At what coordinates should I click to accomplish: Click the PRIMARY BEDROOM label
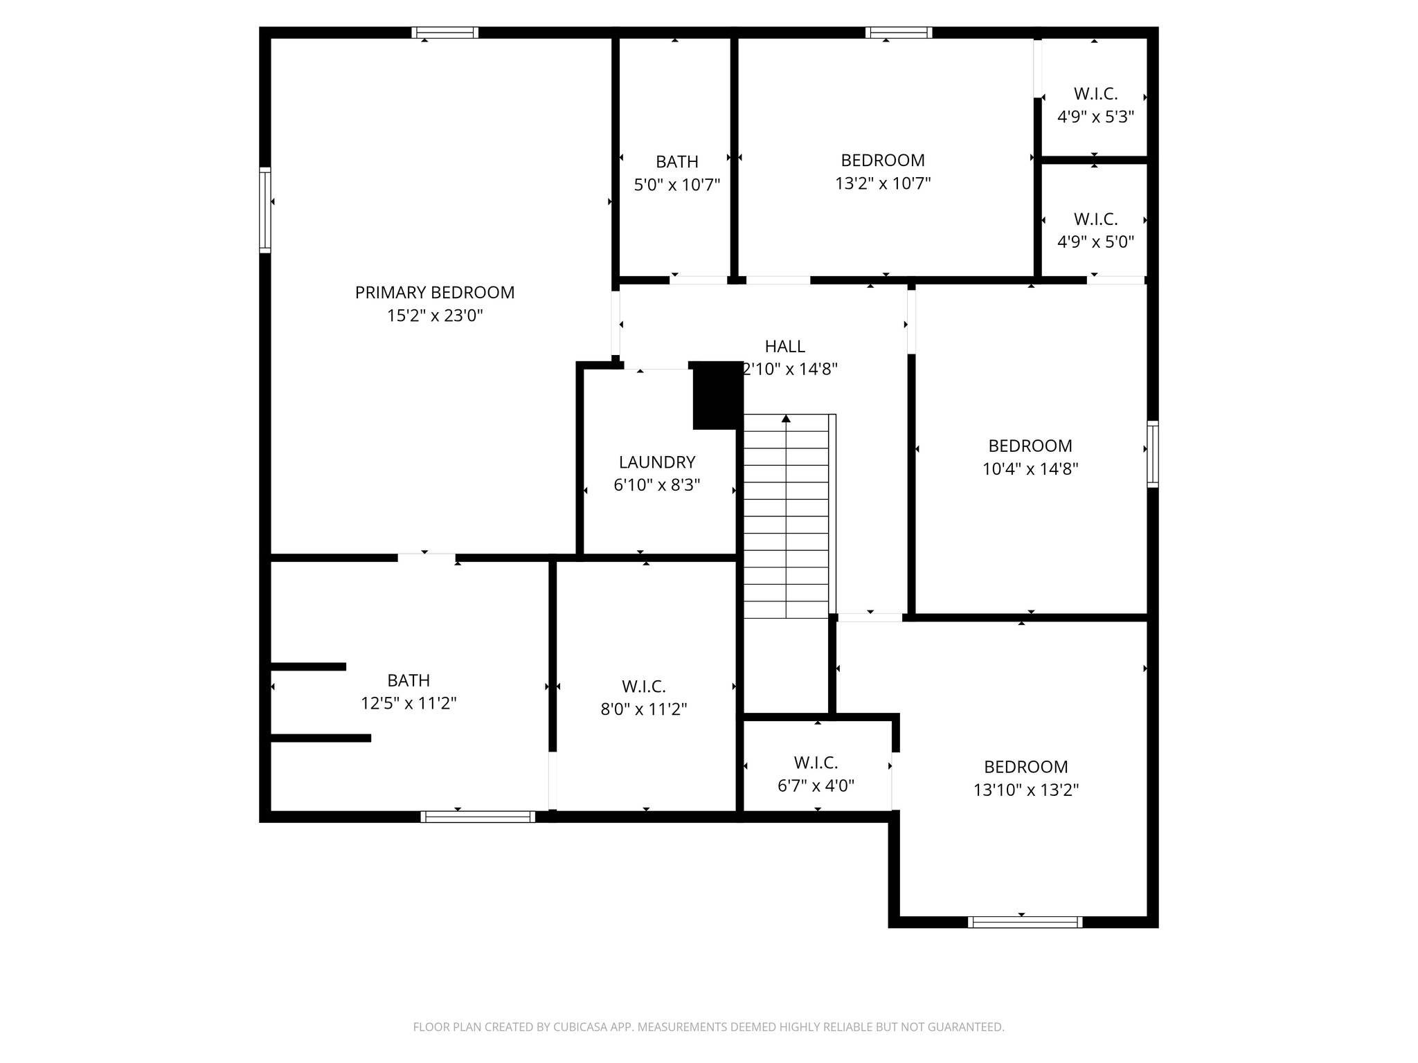coord(435,293)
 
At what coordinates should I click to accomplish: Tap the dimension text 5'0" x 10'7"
coord(677,185)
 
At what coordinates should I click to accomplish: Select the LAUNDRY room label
coord(657,462)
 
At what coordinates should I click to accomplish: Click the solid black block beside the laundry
coord(717,395)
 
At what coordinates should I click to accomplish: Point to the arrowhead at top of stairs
coord(786,419)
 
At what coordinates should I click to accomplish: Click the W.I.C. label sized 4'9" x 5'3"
coord(1095,93)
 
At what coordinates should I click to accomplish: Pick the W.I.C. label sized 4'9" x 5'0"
coord(1095,219)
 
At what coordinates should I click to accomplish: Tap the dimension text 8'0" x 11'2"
coord(644,709)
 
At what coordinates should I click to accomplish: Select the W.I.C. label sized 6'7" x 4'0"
coord(816,763)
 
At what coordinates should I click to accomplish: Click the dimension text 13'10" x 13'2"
coord(1026,790)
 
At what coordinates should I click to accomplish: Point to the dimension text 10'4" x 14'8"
coord(1030,469)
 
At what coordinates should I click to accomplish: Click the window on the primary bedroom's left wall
coord(265,210)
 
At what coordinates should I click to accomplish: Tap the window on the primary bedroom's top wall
coord(445,33)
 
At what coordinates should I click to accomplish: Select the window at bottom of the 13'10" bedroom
coord(1025,922)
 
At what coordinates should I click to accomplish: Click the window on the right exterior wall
coord(1152,454)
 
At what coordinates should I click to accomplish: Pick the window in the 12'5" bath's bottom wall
coord(478,817)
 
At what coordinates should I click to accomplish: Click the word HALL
coord(784,346)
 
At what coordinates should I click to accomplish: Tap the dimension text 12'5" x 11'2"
coord(409,704)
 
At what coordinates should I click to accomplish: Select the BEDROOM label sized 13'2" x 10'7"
coord(883,161)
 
